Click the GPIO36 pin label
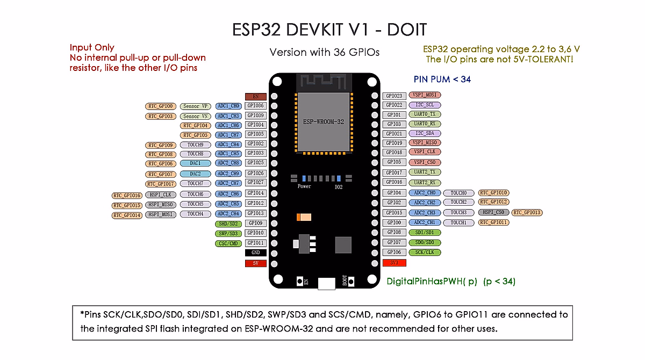coord(255,106)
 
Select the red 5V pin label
coord(255,263)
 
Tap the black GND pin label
coord(255,253)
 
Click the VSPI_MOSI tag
coord(425,96)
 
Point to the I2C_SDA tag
coord(425,133)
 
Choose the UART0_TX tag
coord(425,114)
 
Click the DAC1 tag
coord(195,163)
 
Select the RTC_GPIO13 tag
coord(527,212)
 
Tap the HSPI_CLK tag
coord(161,195)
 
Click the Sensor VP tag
coord(195,106)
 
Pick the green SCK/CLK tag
coord(425,252)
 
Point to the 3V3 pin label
coord(394,263)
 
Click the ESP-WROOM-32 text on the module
coord(323,121)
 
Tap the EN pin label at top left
coord(255,97)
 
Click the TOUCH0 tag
coord(458,192)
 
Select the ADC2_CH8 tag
coord(228,163)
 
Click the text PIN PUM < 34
coord(442,79)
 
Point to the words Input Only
coord(92,48)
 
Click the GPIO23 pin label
coord(394,96)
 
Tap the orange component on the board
coord(304,217)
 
